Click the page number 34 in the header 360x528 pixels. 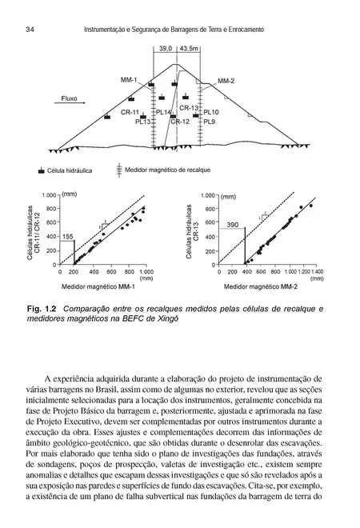coord(29,30)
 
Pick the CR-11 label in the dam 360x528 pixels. coord(130,113)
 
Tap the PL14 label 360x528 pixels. coord(163,113)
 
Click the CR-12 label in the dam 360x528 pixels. coord(180,122)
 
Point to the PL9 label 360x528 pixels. coord(210,122)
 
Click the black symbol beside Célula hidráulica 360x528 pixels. coord(41,171)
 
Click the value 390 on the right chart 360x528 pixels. coord(234,226)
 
